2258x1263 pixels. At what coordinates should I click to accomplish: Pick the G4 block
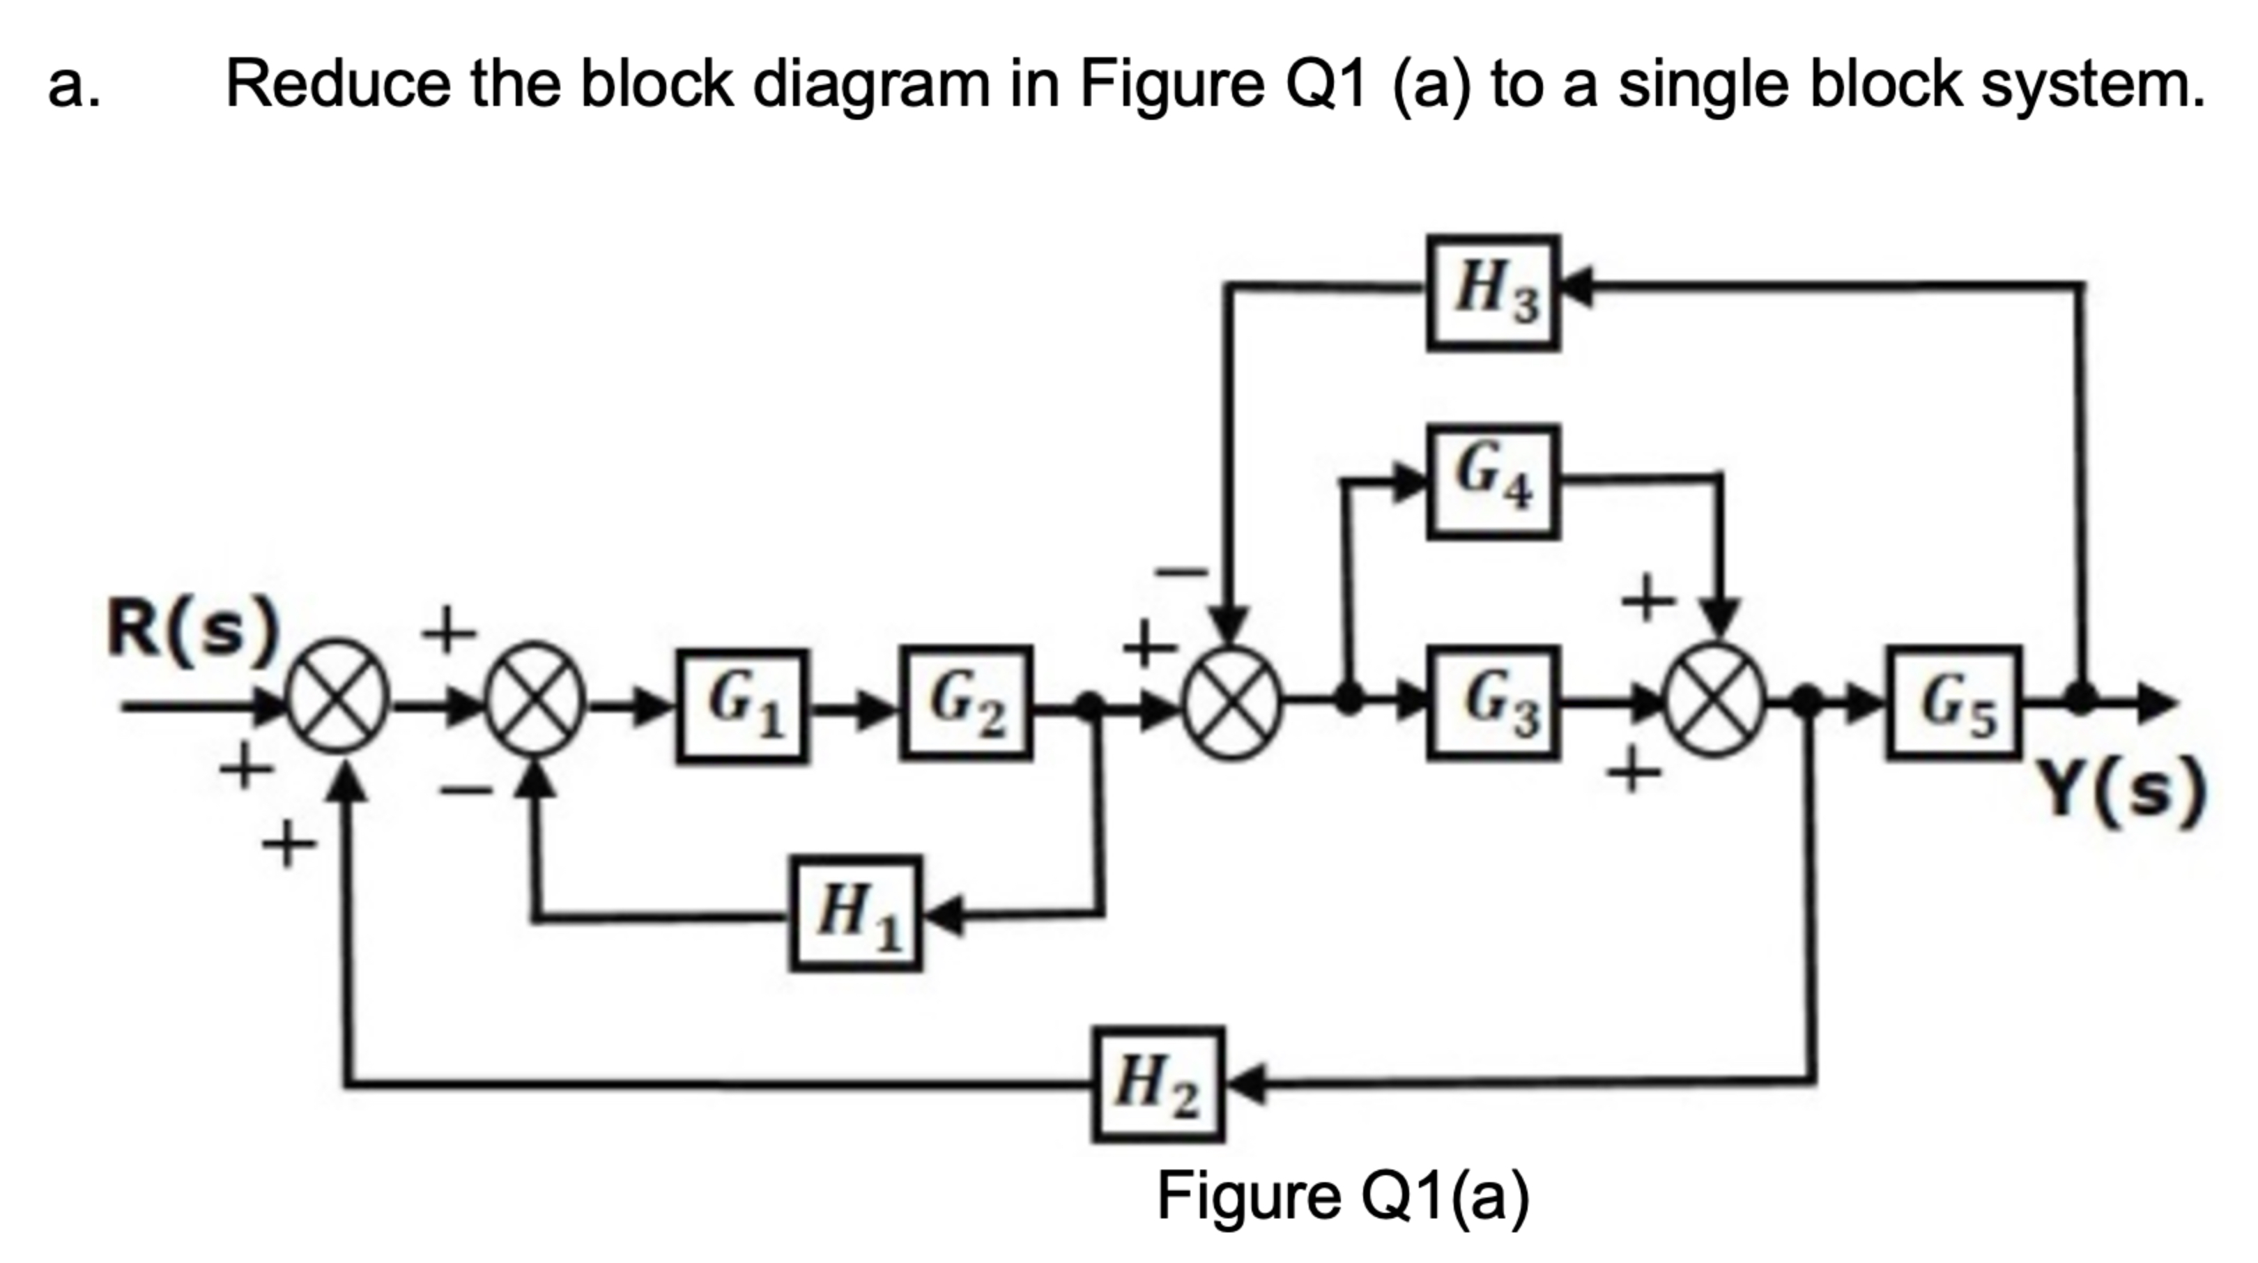[1493, 481]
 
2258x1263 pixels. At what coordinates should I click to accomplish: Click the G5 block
[1954, 702]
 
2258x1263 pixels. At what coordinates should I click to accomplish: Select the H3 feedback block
[1493, 293]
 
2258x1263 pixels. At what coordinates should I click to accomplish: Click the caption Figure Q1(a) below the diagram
[1342, 1195]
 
